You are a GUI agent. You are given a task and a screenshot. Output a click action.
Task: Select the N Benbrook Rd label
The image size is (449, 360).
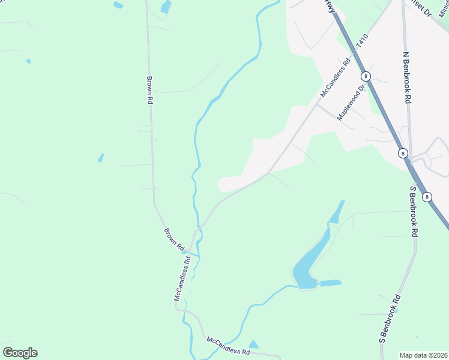pos(407,78)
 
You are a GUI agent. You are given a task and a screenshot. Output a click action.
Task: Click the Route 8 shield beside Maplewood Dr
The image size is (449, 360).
pos(366,76)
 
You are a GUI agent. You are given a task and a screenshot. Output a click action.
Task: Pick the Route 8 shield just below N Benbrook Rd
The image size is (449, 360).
pos(402,154)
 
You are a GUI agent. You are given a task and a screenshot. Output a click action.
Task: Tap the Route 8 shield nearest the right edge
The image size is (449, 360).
pos(427,197)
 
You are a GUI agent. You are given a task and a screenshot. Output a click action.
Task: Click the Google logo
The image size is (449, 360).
pos(20,353)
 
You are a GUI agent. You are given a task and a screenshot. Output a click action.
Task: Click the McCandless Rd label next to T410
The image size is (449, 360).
pos(335,78)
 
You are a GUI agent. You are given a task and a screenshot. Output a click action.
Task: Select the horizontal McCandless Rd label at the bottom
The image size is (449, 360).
pos(228,346)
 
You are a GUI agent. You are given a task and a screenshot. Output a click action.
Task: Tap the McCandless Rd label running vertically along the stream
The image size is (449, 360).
pos(182,278)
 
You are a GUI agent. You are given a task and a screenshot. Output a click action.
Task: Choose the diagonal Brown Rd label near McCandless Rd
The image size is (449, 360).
pos(174,239)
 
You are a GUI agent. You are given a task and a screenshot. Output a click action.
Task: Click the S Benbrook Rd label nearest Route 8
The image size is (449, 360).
pos(414,211)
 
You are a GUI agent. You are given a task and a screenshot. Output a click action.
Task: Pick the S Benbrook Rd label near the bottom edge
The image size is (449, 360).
pos(389,319)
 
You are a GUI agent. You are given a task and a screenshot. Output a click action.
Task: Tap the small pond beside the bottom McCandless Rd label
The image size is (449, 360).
pos(253,344)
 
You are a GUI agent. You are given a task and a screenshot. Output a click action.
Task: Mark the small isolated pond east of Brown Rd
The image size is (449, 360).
pos(101,158)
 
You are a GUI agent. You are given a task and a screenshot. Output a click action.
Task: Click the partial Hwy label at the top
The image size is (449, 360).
pos(328,5)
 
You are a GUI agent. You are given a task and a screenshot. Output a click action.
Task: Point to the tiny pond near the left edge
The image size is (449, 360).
pos(28,61)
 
